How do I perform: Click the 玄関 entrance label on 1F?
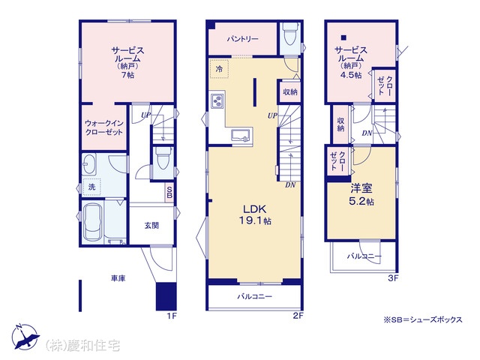tap(151, 226)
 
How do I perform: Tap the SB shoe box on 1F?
tap(169, 192)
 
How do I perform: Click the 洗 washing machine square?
tap(91, 187)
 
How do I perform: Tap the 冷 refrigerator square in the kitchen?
tap(219, 69)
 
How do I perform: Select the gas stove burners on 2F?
tap(218, 100)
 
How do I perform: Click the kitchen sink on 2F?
tap(241, 136)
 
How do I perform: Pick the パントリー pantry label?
tap(243, 39)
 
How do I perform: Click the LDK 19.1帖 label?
tap(255, 214)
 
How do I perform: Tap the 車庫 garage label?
tap(118, 278)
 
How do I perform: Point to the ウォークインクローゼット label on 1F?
tap(104, 127)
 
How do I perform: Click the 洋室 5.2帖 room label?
tap(361, 195)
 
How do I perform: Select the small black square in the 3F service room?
tap(343, 37)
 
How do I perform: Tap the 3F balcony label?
tap(364, 256)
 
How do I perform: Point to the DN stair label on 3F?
tap(367, 133)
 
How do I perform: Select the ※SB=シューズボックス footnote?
tap(423, 320)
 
